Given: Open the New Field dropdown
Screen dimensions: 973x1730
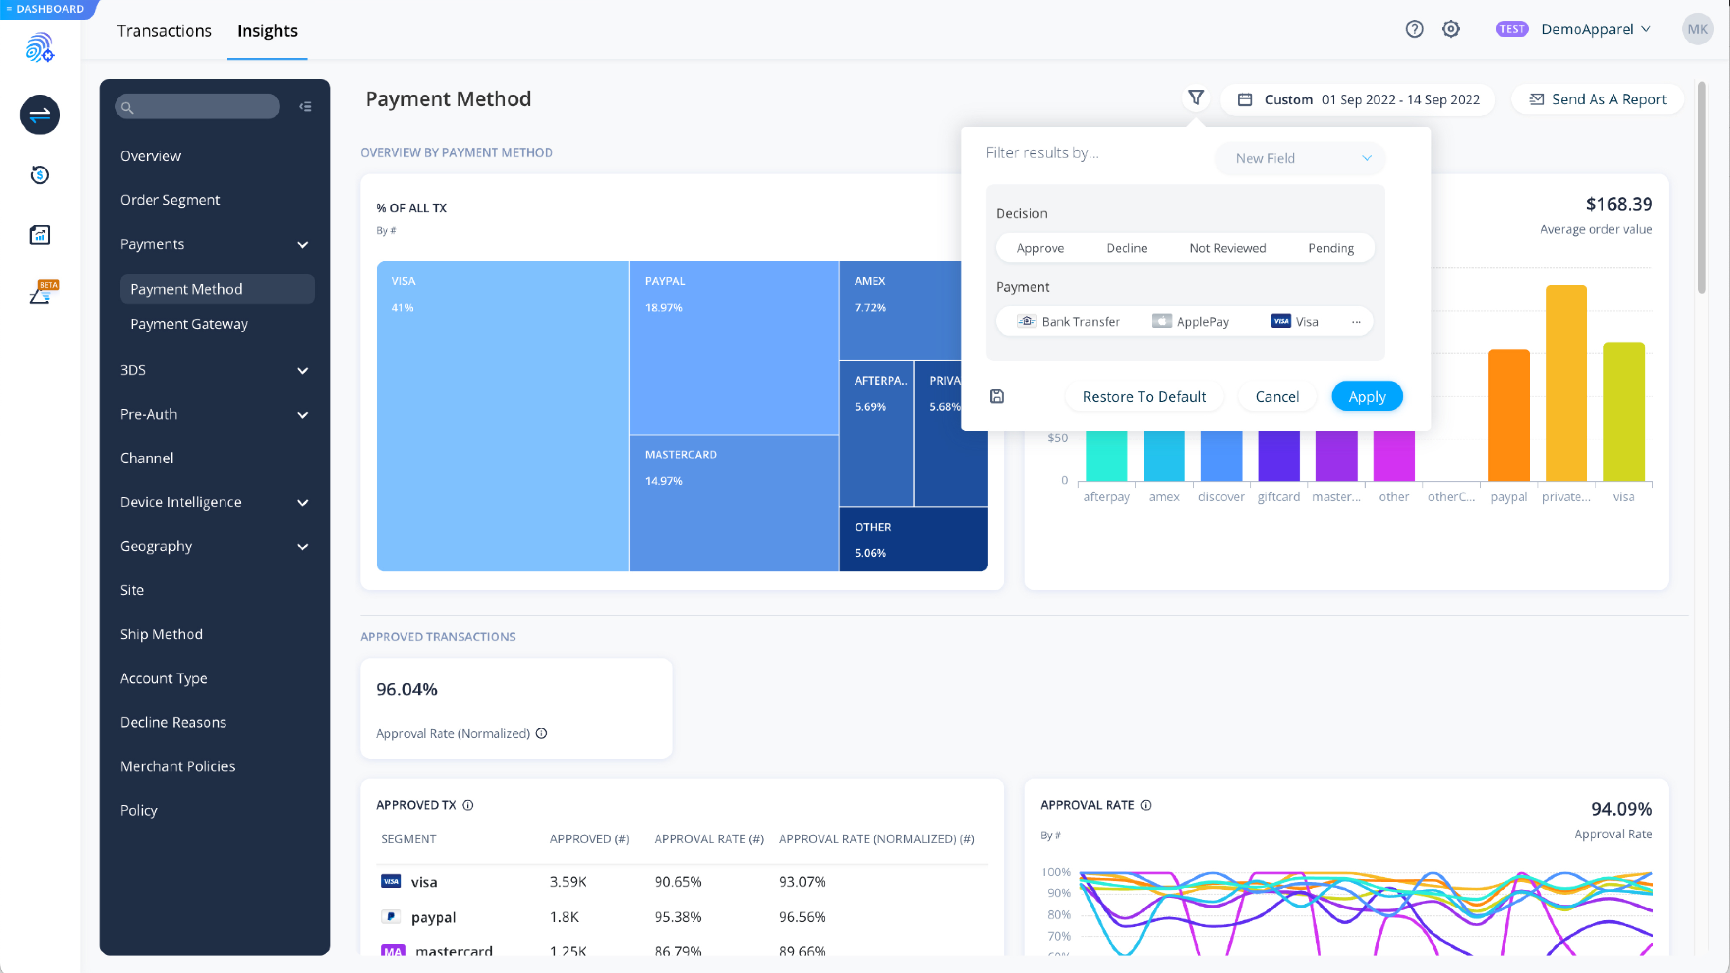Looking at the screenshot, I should (x=1300, y=158).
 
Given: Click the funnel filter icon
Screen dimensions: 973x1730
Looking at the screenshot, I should (x=1195, y=98).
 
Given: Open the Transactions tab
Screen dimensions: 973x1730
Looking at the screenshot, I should (x=164, y=31).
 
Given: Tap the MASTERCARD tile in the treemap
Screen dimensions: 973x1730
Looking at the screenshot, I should (x=734, y=504).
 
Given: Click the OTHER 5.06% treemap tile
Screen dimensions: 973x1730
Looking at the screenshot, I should (x=913, y=539).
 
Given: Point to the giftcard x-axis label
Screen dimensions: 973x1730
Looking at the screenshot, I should (x=1278, y=497).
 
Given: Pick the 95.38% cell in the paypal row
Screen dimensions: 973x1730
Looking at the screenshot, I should (x=678, y=917).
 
